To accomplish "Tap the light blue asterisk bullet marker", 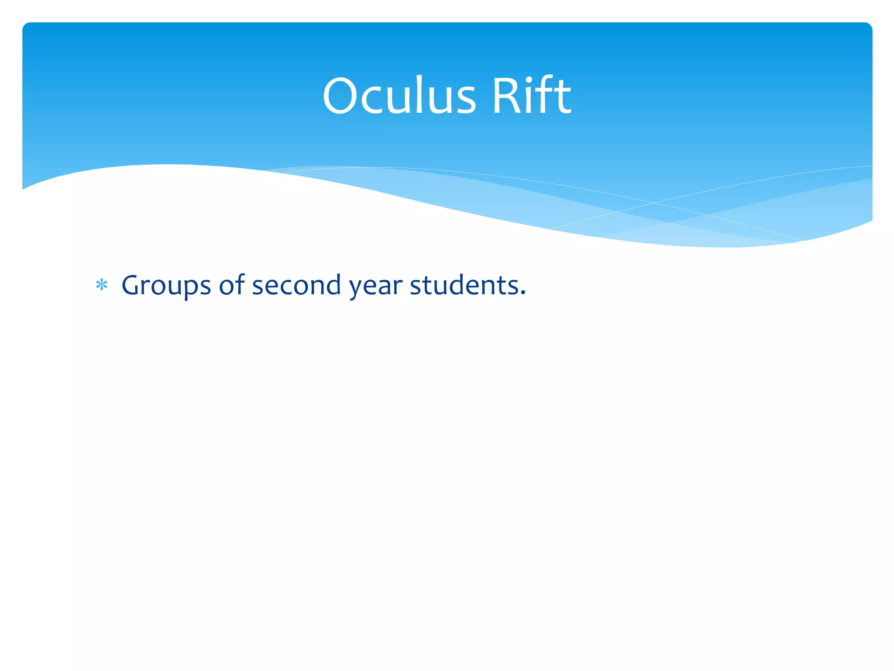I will coord(102,285).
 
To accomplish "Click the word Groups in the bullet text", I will coord(166,285).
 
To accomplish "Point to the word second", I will coord(296,285).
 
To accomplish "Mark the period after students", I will coord(523,294).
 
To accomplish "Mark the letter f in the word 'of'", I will coord(240,284).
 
